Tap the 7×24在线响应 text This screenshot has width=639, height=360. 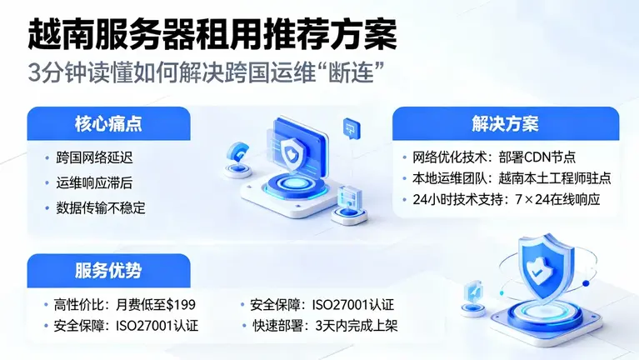(x=565, y=200)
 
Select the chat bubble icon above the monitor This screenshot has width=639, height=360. (x=350, y=127)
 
